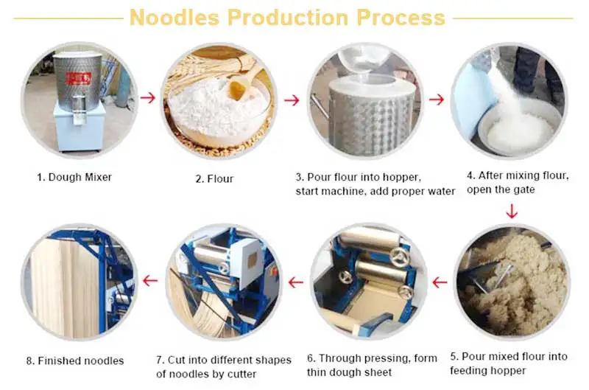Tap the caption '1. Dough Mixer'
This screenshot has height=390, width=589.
[x=76, y=177]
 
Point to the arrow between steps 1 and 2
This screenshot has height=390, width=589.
[x=148, y=98]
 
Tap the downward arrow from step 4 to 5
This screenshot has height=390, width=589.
[x=512, y=212]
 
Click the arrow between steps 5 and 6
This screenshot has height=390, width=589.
[x=440, y=282]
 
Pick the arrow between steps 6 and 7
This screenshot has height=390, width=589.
[x=296, y=282]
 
